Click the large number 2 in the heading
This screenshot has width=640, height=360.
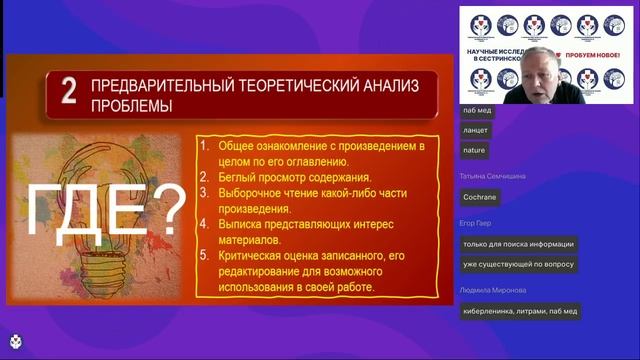(x=68, y=94)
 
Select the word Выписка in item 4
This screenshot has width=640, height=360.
(x=243, y=225)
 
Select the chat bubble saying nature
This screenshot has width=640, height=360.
(x=474, y=149)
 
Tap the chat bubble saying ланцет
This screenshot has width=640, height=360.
(x=477, y=130)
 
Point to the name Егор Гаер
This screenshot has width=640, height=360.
(x=478, y=223)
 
